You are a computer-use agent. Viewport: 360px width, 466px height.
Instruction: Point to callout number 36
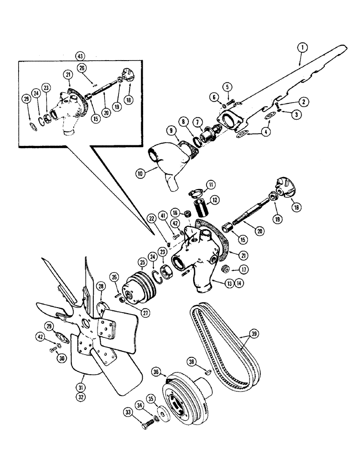pyautogui.click(x=156, y=371)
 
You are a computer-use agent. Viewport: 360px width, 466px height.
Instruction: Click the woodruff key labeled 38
pyautogui.click(x=207, y=372)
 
